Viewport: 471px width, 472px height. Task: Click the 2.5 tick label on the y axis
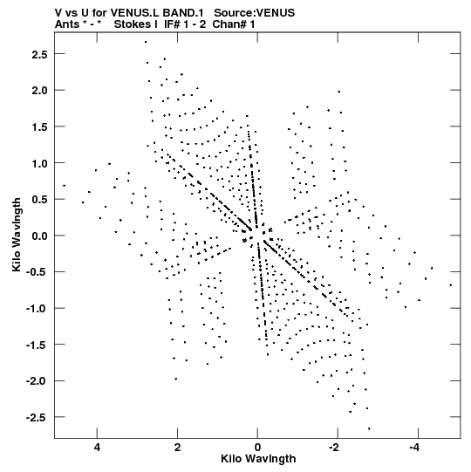(39, 54)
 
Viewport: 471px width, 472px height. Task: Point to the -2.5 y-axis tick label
(37, 418)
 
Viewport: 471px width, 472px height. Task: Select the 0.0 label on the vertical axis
(39, 236)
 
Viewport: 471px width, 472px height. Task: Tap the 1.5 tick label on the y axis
(39, 127)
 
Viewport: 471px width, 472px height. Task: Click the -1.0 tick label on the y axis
(37, 309)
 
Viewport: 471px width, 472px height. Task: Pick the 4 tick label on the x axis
(97, 448)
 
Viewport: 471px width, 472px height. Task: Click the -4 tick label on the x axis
(414, 448)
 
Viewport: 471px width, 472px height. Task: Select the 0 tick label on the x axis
(257, 448)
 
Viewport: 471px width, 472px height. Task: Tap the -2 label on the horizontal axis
(334, 448)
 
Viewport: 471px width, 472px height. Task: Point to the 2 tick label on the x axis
(177, 448)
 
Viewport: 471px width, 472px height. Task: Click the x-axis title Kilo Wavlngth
(258, 459)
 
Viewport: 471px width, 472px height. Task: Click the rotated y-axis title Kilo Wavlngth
(17, 235)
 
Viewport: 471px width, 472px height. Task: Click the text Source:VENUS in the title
(255, 12)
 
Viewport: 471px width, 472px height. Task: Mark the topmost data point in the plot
(146, 42)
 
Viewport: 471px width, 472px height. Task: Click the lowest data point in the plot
(369, 428)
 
